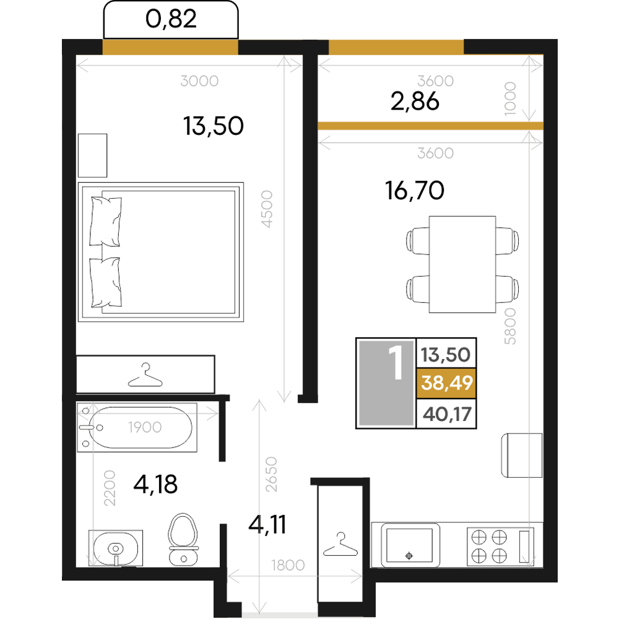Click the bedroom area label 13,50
click(x=213, y=126)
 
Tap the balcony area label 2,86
click(x=415, y=101)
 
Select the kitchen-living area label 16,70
click(x=415, y=190)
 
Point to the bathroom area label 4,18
click(x=155, y=485)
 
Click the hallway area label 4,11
click(x=267, y=525)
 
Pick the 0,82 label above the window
click(x=171, y=19)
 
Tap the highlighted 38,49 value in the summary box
click(x=446, y=383)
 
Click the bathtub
click(x=137, y=427)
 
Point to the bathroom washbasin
click(x=116, y=548)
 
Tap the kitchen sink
click(x=410, y=545)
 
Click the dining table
click(x=462, y=264)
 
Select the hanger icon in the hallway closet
click(x=340, y=544)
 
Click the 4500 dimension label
click(x=267, y=209)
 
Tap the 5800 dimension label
click(x=510, y=326)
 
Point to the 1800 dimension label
click(x=288, y=565)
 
